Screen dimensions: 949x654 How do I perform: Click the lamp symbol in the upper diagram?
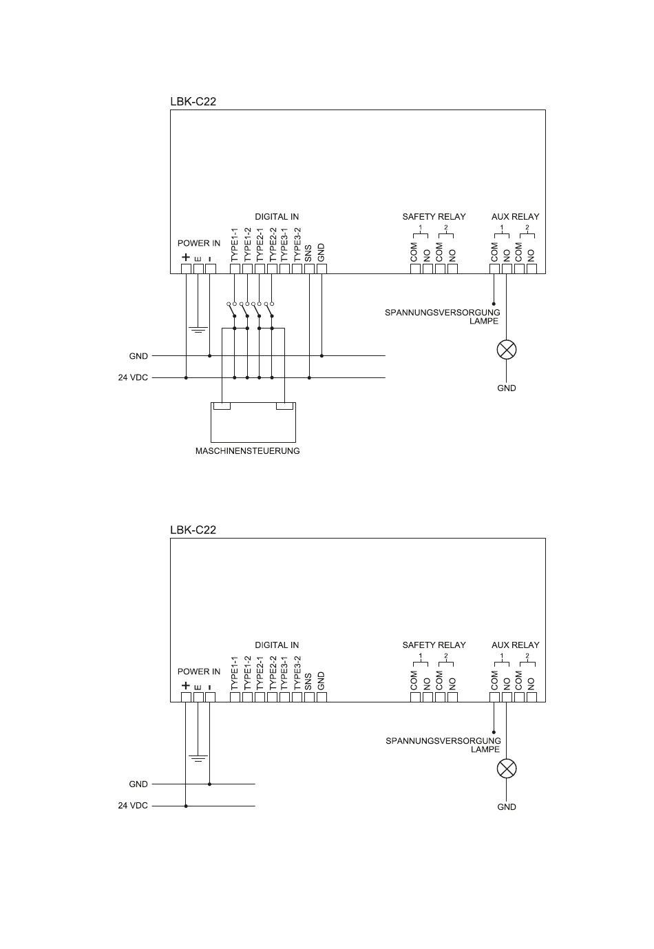click(507, 350)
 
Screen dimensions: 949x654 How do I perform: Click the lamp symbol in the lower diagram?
click(507, 769)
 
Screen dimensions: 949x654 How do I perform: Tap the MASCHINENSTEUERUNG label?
click(248, 451)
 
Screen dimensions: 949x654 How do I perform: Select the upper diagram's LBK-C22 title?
click(193, 101)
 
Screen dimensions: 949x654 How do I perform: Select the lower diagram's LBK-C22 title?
click(193, 530)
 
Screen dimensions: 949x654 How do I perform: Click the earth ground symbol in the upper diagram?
click(198, 330)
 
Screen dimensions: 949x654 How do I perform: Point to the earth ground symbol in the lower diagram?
click(198, 758)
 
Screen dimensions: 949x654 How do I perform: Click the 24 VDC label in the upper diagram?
click(133, 377)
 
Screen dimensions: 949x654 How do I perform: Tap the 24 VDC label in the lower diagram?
click(133, 806)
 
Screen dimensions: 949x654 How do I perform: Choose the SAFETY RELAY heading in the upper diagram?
click(434, 216)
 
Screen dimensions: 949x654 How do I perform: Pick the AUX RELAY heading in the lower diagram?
click(515, 645)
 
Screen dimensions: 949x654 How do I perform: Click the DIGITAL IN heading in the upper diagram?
click(277, 216)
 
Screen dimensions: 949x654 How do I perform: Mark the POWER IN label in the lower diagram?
click(199, 671)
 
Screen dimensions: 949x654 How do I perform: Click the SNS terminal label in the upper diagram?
click(308, 253)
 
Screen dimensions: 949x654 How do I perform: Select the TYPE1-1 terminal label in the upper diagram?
click(234, 244)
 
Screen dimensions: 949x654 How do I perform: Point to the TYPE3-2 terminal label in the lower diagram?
click(297, 673)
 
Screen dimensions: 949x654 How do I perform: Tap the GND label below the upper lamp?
click(507, 388)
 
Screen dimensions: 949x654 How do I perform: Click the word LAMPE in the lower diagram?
click(485, 749)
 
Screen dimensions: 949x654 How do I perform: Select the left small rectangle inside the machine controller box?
click(222, 406)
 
